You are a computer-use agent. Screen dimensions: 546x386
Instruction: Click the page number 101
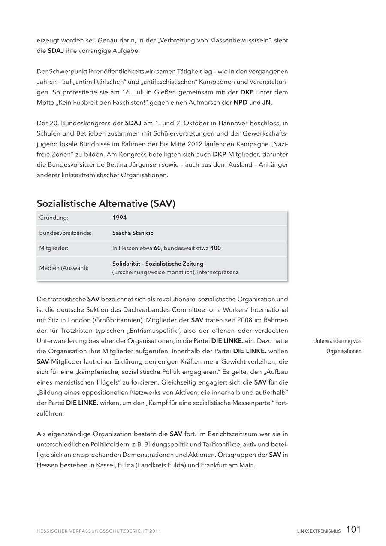pos(353,530)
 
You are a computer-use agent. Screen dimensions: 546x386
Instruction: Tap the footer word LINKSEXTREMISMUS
pos(319,531)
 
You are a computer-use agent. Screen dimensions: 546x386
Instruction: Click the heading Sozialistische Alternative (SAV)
pos(106,203)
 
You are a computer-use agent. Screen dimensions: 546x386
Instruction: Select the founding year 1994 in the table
pos(119,218)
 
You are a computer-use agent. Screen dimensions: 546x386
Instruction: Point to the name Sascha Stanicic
pos(133,233)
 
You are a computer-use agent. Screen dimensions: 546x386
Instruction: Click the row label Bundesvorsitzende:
pos(66,233)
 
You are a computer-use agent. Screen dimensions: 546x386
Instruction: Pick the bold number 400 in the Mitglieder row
pos(215,248)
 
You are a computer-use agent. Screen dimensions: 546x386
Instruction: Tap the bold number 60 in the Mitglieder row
pos(157,248)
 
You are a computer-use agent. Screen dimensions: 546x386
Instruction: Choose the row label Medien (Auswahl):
pos(64,268)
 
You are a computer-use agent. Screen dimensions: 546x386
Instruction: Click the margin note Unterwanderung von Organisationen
pos(337,346)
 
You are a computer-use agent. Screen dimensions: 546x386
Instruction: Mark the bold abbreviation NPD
pos(240,103)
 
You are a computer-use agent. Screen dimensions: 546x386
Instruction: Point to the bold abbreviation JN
pos(266,103)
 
